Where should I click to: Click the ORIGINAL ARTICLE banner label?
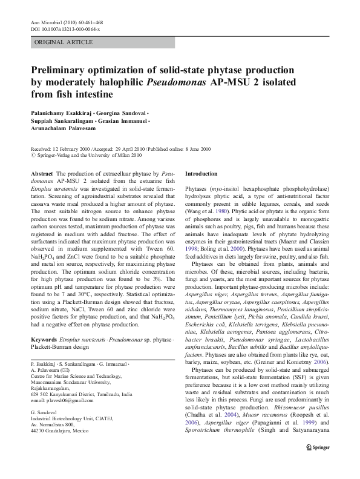click(64, 42)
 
